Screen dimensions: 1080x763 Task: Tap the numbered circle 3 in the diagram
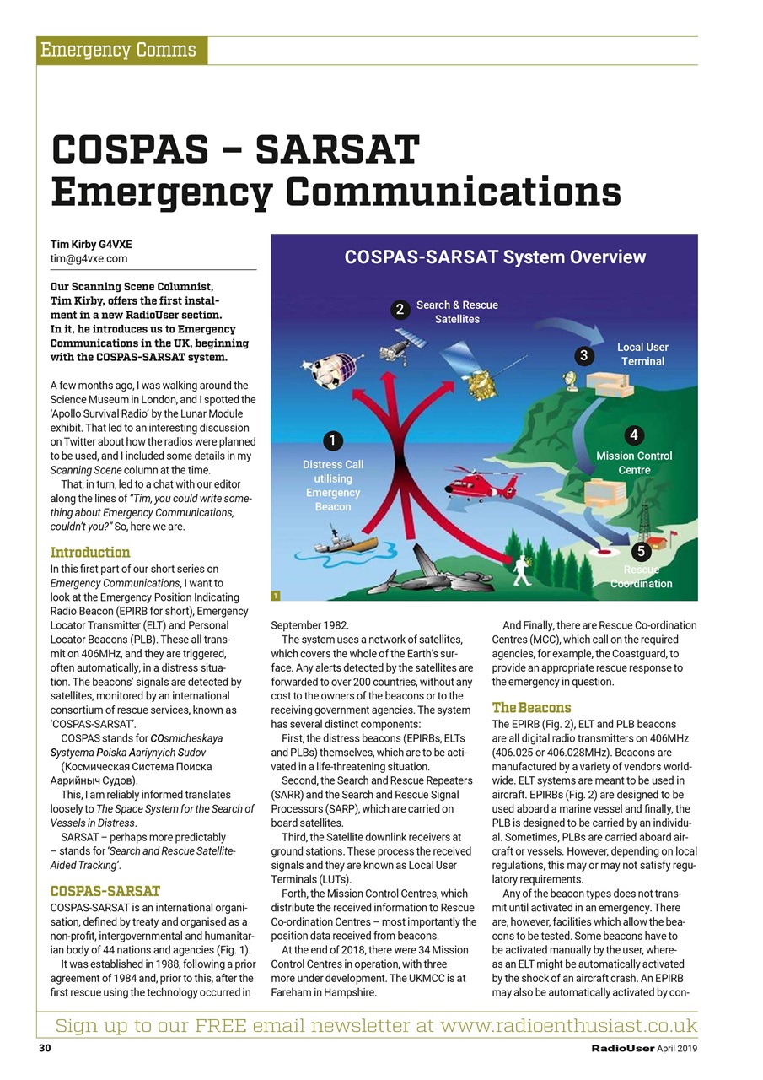point(583,355)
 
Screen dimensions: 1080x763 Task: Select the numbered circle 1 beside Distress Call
point(333,440)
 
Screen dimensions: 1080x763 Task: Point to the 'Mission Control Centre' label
point(634,462)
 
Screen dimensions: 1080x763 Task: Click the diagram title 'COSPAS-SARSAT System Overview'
point(495,256)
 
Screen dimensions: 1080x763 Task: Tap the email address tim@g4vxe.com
point(89,259)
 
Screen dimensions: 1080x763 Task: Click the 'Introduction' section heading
point(90,553)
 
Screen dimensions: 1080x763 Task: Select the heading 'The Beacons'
point(531,707)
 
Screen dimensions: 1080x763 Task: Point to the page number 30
point(45,1049)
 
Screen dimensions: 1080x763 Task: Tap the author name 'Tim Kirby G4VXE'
point(91,245)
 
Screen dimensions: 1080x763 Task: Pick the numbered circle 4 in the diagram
point(633,435)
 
